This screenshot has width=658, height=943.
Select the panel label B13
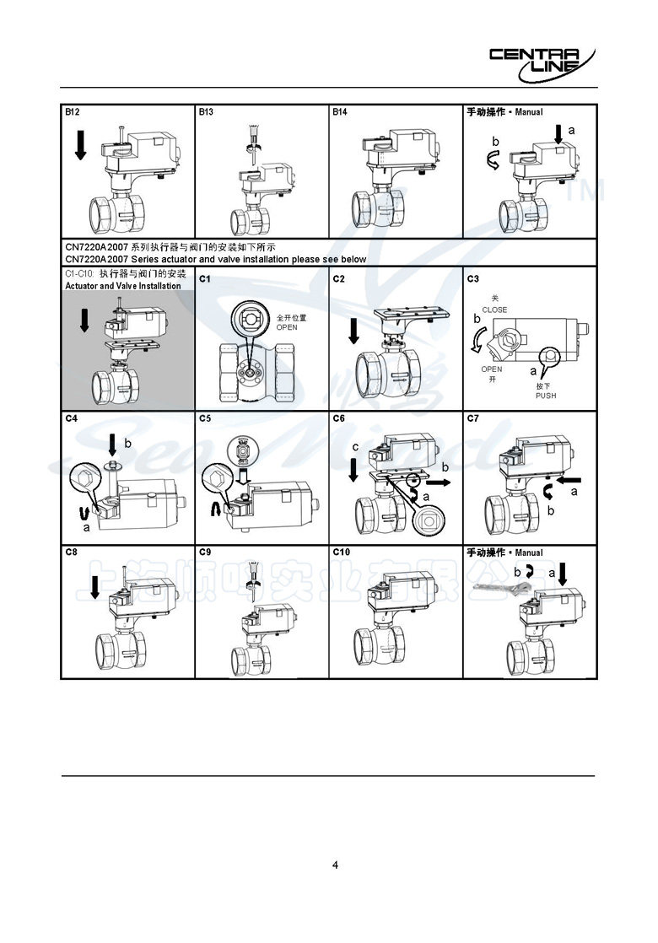pyautogui.click(x=207, y=111)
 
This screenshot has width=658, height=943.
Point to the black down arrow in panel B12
pyautogui.click(x=80, y=144)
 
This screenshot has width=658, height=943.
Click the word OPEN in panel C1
pyautogui.click(x=287, y=327)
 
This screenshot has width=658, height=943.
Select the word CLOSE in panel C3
pyautogui.click(x=494, y=310)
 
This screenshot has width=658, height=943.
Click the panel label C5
pyautogui.click(x=206, y=418)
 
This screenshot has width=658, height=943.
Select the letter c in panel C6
pyautogui.click(x=355, y=446)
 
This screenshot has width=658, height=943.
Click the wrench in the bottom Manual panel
pyautogui.click(x=500, y=588)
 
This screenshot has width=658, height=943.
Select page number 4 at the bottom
pyautogui.click(x=335, y=865)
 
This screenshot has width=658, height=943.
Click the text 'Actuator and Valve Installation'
pyautogui.click(x=121, y=286)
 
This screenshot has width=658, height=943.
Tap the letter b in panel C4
pyautogui.click(x=127, y=443)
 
